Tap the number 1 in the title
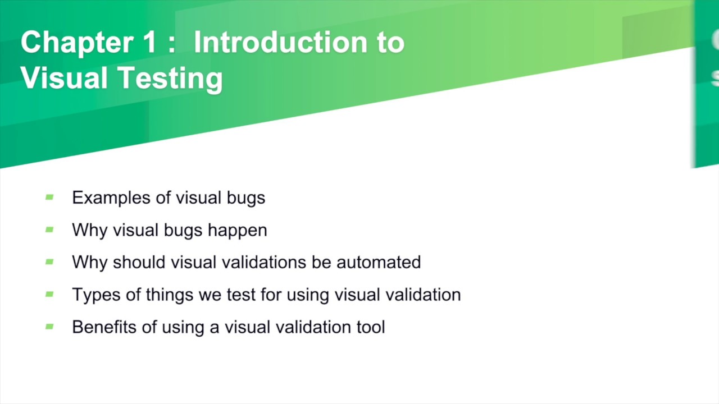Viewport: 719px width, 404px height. point(147,43)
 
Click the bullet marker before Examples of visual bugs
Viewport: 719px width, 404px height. point(49,197)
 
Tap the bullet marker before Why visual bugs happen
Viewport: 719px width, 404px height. point(49,229)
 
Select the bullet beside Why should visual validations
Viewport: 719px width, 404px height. point(49,261)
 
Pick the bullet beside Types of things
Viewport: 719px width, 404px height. point(49,294)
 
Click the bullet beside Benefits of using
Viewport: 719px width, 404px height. point(49,326)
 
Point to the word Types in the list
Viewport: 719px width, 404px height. point(89,295)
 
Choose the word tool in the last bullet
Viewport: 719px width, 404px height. point(371,327)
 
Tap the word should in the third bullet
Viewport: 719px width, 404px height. point(139,262)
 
